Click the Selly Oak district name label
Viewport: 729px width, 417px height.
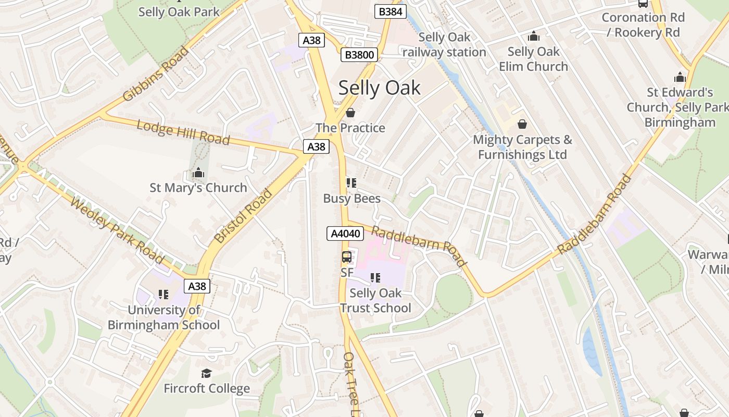click(x=379, y=88)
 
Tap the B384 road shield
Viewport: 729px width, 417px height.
click(x=390, y=11)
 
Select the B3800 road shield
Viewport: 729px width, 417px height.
click(x=359, y=55)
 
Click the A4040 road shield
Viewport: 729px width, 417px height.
click(x=345, y=234)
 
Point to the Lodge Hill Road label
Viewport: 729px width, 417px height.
click(x=183, y=132)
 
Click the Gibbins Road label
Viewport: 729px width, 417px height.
click(x=156, y=74)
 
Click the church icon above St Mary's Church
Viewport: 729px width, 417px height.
click(x=198, y=173)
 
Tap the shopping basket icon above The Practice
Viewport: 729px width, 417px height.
click(x=350, y=113)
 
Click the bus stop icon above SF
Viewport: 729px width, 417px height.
click(x=347, y=257)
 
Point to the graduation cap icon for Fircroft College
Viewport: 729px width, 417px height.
click(x=206, y=373)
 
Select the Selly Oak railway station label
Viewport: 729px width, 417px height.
click(x=444, y=45)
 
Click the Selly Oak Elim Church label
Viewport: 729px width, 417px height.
click(x=533, y=59)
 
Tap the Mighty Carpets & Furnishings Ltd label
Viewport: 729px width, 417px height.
click(x=522, y=147)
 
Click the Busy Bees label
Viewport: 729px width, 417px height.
click(x=351, y=199)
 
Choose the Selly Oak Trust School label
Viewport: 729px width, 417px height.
click(x=375, y=300)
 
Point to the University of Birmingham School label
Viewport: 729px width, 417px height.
click(x=164, y=317)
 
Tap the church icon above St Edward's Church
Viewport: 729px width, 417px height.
click(x=680, y=78)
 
